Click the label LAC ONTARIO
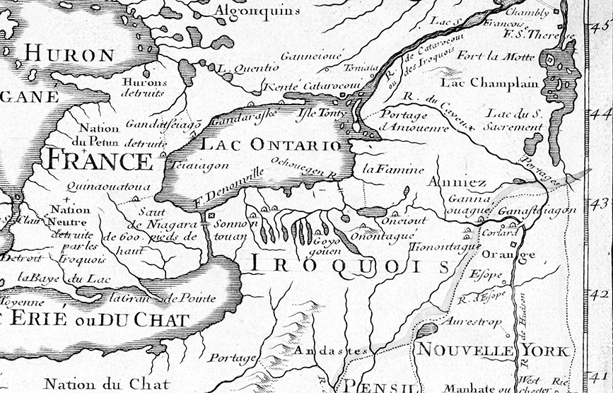coord(272,144)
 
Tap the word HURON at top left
coord(69,54)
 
